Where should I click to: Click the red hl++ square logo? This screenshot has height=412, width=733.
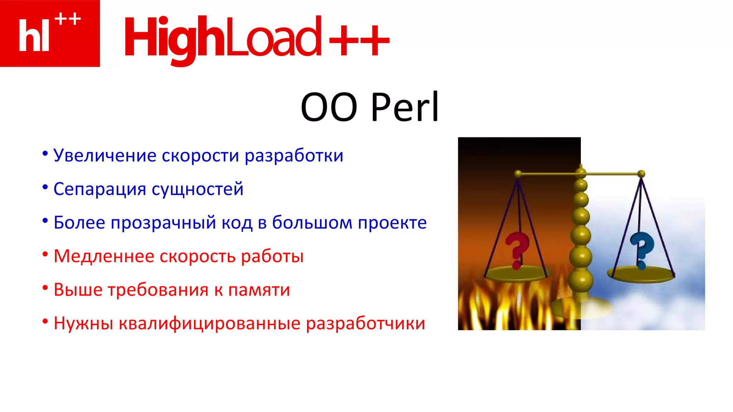[x=50, y=33]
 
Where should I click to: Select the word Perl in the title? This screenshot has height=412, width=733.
[x=405, y=107]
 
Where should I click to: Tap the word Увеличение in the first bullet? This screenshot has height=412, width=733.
[x=105, y=156]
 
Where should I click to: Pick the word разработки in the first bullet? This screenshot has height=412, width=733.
[x=294, y=156]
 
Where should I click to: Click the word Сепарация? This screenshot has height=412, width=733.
[x=99, y=189]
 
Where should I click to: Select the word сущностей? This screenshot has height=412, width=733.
[x=198, y=189]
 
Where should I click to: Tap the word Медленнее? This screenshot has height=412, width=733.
[x=103, y=256]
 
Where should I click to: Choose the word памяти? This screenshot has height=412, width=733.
[x=259, y=290]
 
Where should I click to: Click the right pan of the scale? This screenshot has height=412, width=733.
[x=641, y=274]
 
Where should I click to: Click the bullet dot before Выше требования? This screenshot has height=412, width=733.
[x=45, y=288]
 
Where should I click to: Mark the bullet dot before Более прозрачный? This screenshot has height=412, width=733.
[x=45, y=221]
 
